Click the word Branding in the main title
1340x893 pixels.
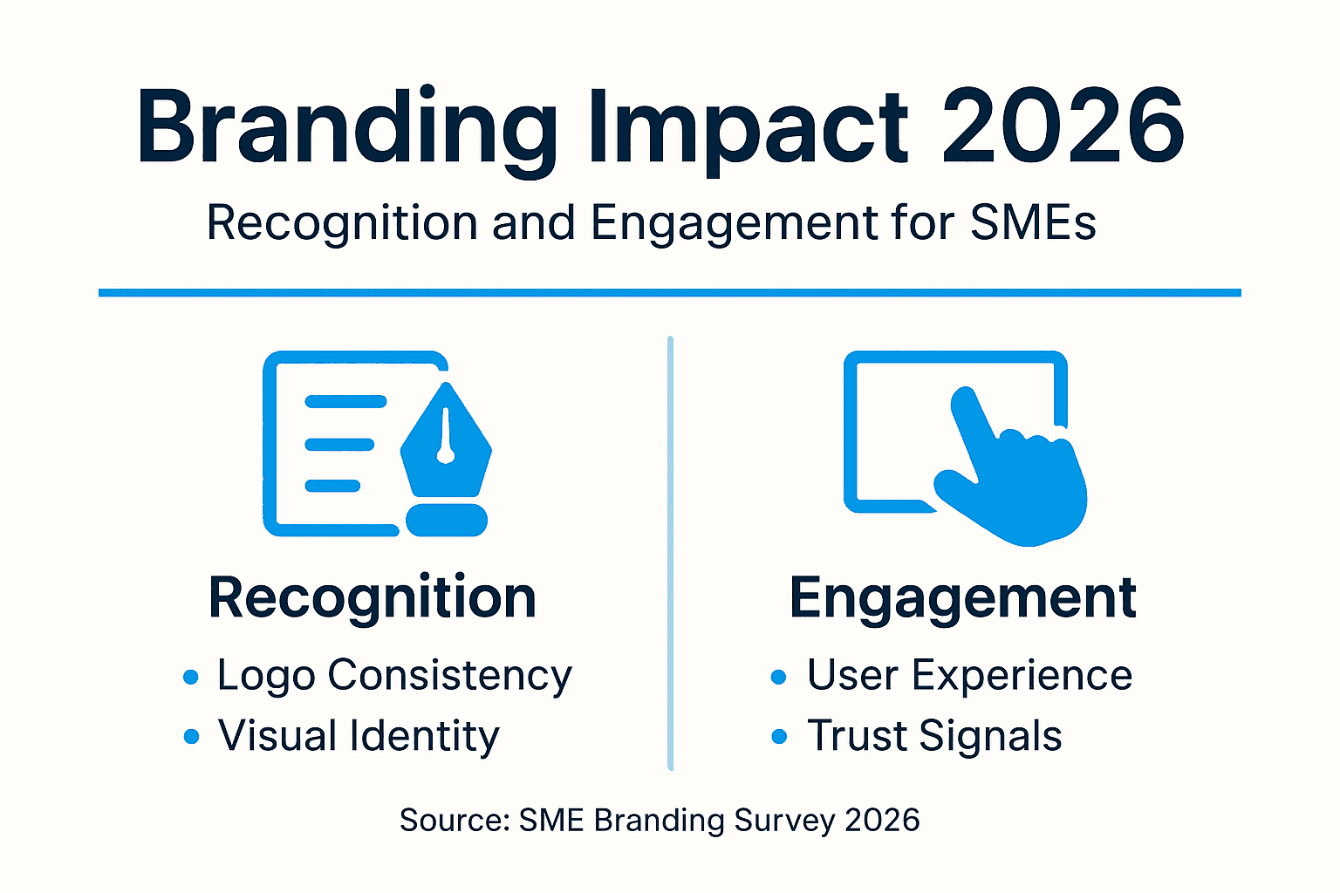tap(346, 129)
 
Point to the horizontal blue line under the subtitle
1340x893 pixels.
tap(669, 293)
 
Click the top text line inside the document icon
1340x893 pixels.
tap(345, 402)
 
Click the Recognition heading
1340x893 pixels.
tap(373, 598)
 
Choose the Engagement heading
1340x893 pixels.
tap(962, 598)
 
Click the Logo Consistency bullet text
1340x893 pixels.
tap(394, 676)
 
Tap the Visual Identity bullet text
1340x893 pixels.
tap(359, 736)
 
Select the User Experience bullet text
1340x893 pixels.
tap(969, 676)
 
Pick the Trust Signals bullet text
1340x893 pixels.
tap(934, 736)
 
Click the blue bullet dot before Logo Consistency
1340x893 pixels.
tap(191, 678)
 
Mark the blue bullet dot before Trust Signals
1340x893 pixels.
tap(779, 738)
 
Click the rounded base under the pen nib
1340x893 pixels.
tap(447, 520)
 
